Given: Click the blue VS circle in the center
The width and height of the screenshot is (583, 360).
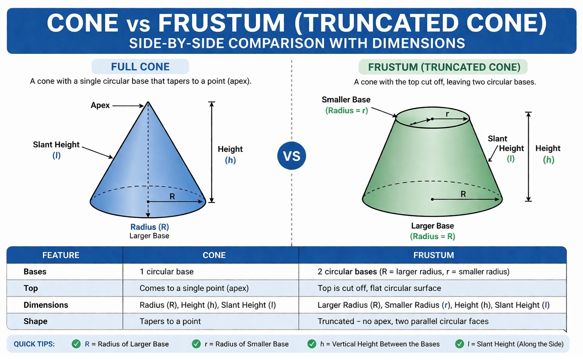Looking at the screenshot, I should [x=292, y=156].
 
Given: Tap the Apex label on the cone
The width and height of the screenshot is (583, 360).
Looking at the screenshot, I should [x=100, y=105].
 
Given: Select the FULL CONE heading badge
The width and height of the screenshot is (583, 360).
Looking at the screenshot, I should [x=140, y=67].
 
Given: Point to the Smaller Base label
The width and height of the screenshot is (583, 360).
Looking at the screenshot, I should [x=346, y=100].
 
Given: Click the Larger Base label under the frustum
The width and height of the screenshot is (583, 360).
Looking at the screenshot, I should [x=432, y=226].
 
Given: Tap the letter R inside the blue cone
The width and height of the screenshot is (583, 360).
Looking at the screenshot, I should [x=172, y=196].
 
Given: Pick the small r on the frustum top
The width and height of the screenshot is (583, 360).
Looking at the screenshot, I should [x=447, y=114].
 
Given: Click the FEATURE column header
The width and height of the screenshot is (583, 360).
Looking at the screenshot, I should [x=61, y=255].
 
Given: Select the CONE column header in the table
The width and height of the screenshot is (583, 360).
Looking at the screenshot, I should [x=214, y=255].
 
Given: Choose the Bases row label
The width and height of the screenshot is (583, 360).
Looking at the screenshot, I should [x=35, y=272].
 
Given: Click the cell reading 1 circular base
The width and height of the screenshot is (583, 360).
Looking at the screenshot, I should [x=167, y=272].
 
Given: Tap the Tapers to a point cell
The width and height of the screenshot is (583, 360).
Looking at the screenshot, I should [x=170, y=321].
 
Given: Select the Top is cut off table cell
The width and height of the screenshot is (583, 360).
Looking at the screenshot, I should [x=379, y=288].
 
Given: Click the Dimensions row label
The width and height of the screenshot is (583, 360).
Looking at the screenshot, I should [x=46, y=305].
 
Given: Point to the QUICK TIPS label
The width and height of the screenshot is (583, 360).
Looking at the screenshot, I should [x=34, y=344].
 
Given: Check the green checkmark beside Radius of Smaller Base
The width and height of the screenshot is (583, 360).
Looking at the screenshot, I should [x=196, y=344].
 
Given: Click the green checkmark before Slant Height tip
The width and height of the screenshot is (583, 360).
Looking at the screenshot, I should [x=459, y=344].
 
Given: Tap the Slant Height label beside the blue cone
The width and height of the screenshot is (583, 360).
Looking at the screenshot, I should [x=56, y=145].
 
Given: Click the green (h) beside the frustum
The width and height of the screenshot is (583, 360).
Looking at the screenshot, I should [x=548, y=160].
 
